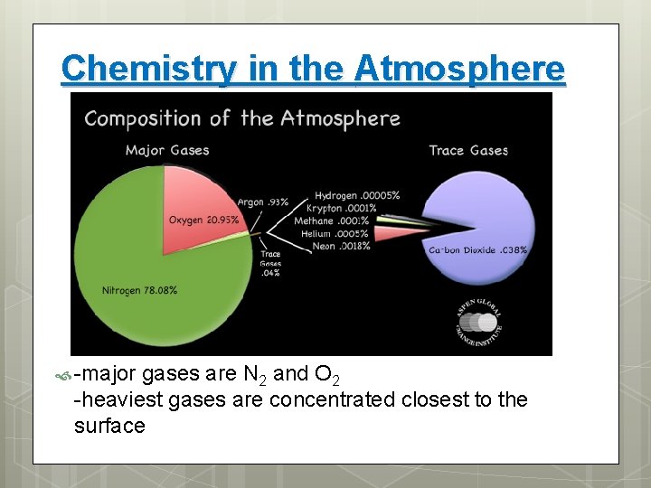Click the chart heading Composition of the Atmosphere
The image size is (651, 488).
(x=242, y=118)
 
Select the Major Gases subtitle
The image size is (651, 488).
(x=167, y=150)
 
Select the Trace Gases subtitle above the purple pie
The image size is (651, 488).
(x=468, y=150)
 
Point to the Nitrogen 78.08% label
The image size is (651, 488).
(x=139, y=290)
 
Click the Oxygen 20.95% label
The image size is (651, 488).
(x=203, y=220)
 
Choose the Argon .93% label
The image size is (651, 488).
(x=263, y=202)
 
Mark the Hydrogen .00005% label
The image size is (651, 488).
(x=357, y=195)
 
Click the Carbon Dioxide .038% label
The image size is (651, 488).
(x=477, y=249)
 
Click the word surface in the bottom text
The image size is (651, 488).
(x=109, y=426)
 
